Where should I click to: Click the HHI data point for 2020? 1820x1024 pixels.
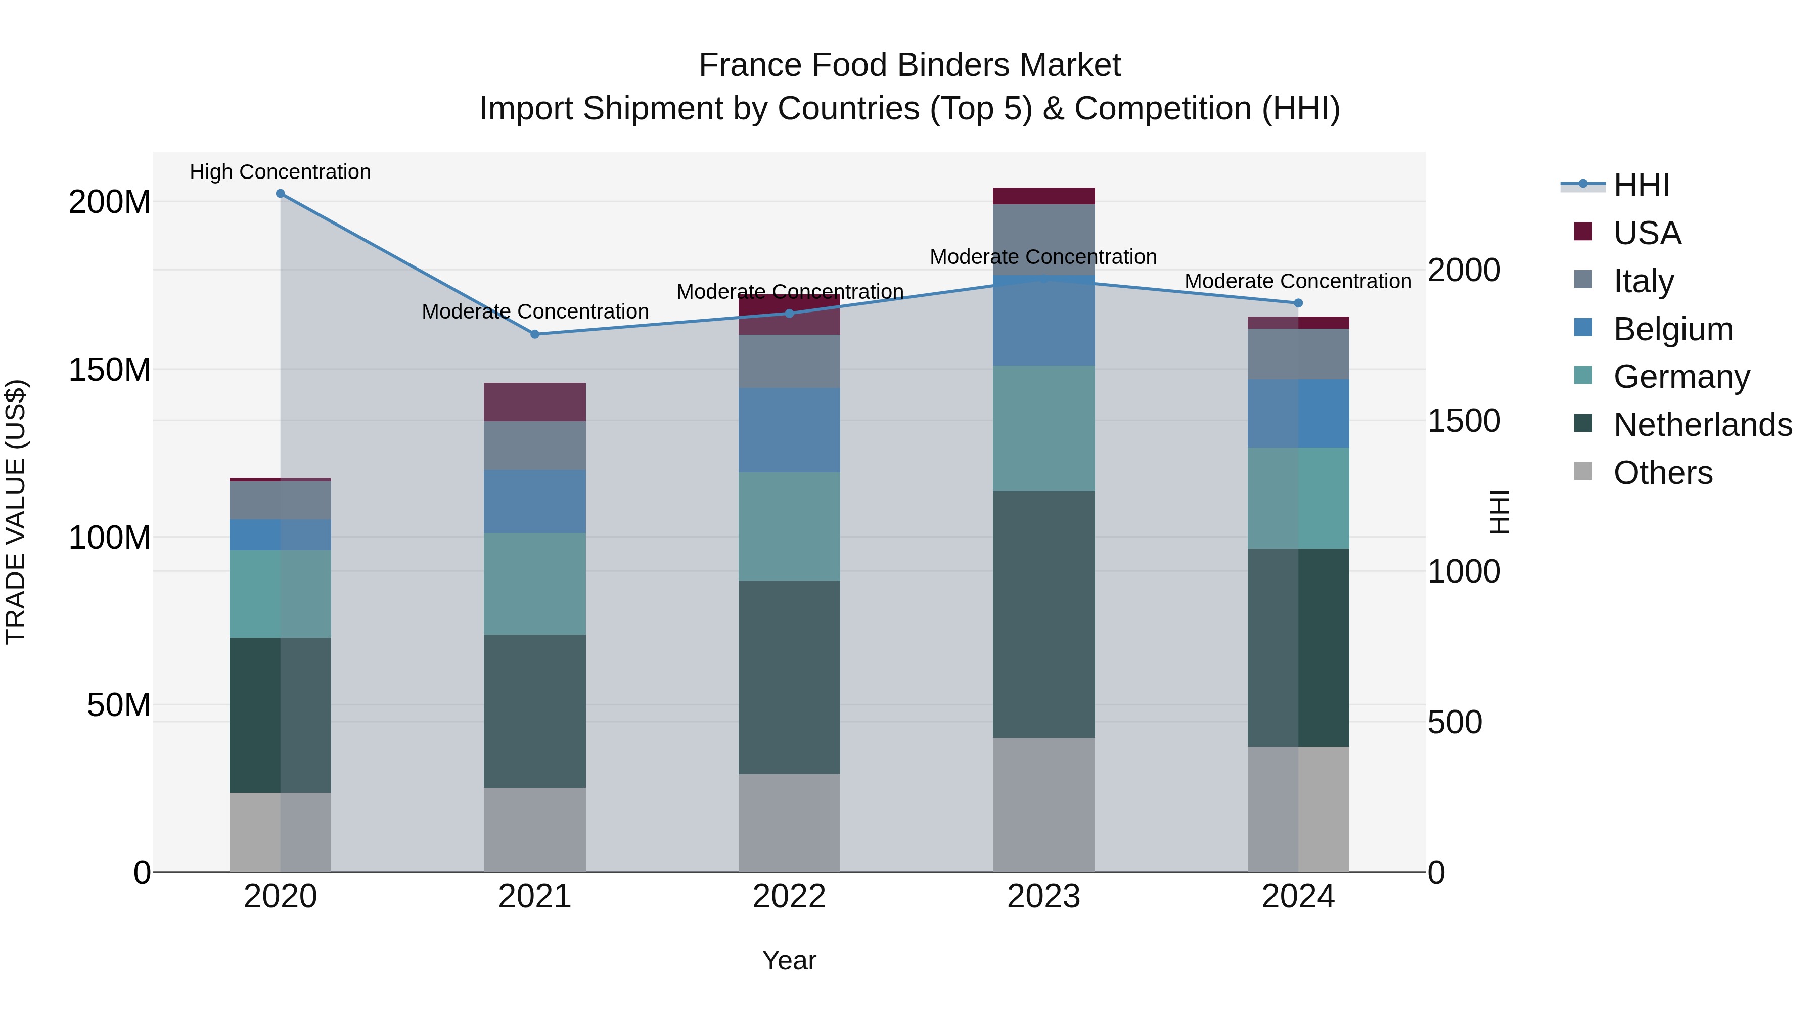(281, 194)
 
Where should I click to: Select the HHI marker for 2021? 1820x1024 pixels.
(535, 334)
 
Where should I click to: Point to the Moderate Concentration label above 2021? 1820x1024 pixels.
(535, 311)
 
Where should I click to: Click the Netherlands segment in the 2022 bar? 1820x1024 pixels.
(789, 677)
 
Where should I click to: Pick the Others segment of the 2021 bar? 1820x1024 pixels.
(535, 830)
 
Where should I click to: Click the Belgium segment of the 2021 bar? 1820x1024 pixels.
(535, 501)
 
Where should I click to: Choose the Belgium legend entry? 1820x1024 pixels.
(1673, 329)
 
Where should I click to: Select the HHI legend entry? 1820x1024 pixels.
(1641, 185)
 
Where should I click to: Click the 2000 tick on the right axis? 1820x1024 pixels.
(1464, 270)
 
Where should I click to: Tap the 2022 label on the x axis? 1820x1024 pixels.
(789, 897)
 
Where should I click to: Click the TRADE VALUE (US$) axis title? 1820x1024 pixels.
(16, 512)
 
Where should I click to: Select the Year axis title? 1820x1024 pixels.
(789, 960)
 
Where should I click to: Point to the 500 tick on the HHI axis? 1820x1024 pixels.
(1454, 722)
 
